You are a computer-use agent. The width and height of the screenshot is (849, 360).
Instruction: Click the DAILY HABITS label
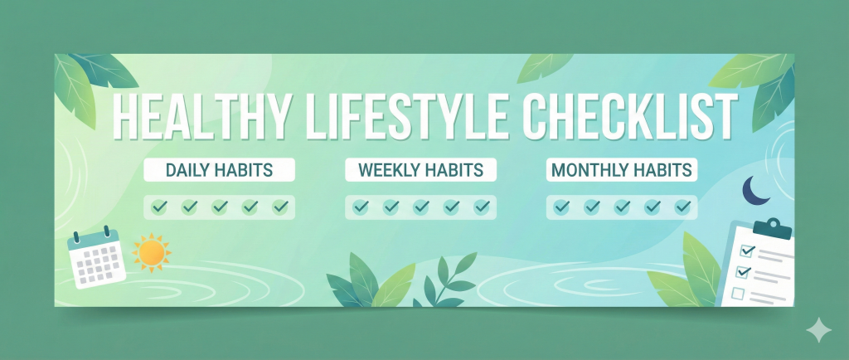click(x=219, y=170)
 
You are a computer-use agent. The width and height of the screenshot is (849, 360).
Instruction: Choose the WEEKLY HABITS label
click(x=420, y=170)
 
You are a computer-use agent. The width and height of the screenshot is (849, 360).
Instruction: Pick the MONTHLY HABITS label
click(x=621, y=170)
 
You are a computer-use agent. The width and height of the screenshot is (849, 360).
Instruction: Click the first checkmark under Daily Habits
click(x=158, y=207)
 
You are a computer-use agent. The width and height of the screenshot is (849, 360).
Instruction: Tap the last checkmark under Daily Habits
click(x=280, y=207)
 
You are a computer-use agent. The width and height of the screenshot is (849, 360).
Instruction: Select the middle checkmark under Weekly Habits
click(x=420, y=207)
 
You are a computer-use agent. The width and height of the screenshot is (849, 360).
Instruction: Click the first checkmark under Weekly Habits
click(x=360, y=207)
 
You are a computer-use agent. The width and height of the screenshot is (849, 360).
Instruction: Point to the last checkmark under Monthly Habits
click(x=682, y=207)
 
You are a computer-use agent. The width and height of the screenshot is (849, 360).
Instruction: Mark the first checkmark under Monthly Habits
click(x=561, y=207)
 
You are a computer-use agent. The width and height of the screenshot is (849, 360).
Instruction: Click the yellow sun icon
click(x=151, y=252)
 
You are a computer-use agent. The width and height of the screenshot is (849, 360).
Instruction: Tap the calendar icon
click(x=97, y=258)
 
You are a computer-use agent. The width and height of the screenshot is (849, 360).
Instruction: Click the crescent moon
click(x=755, y=190)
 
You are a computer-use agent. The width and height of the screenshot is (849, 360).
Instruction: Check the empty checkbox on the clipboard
click(x=739, y=292)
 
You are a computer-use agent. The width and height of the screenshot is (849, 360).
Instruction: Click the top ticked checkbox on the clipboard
click(x=745, y=250)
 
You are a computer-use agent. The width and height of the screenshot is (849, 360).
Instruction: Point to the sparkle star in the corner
click(x=818, y=331)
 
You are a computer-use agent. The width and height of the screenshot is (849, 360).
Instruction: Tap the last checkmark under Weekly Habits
click(x=481, y=207)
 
